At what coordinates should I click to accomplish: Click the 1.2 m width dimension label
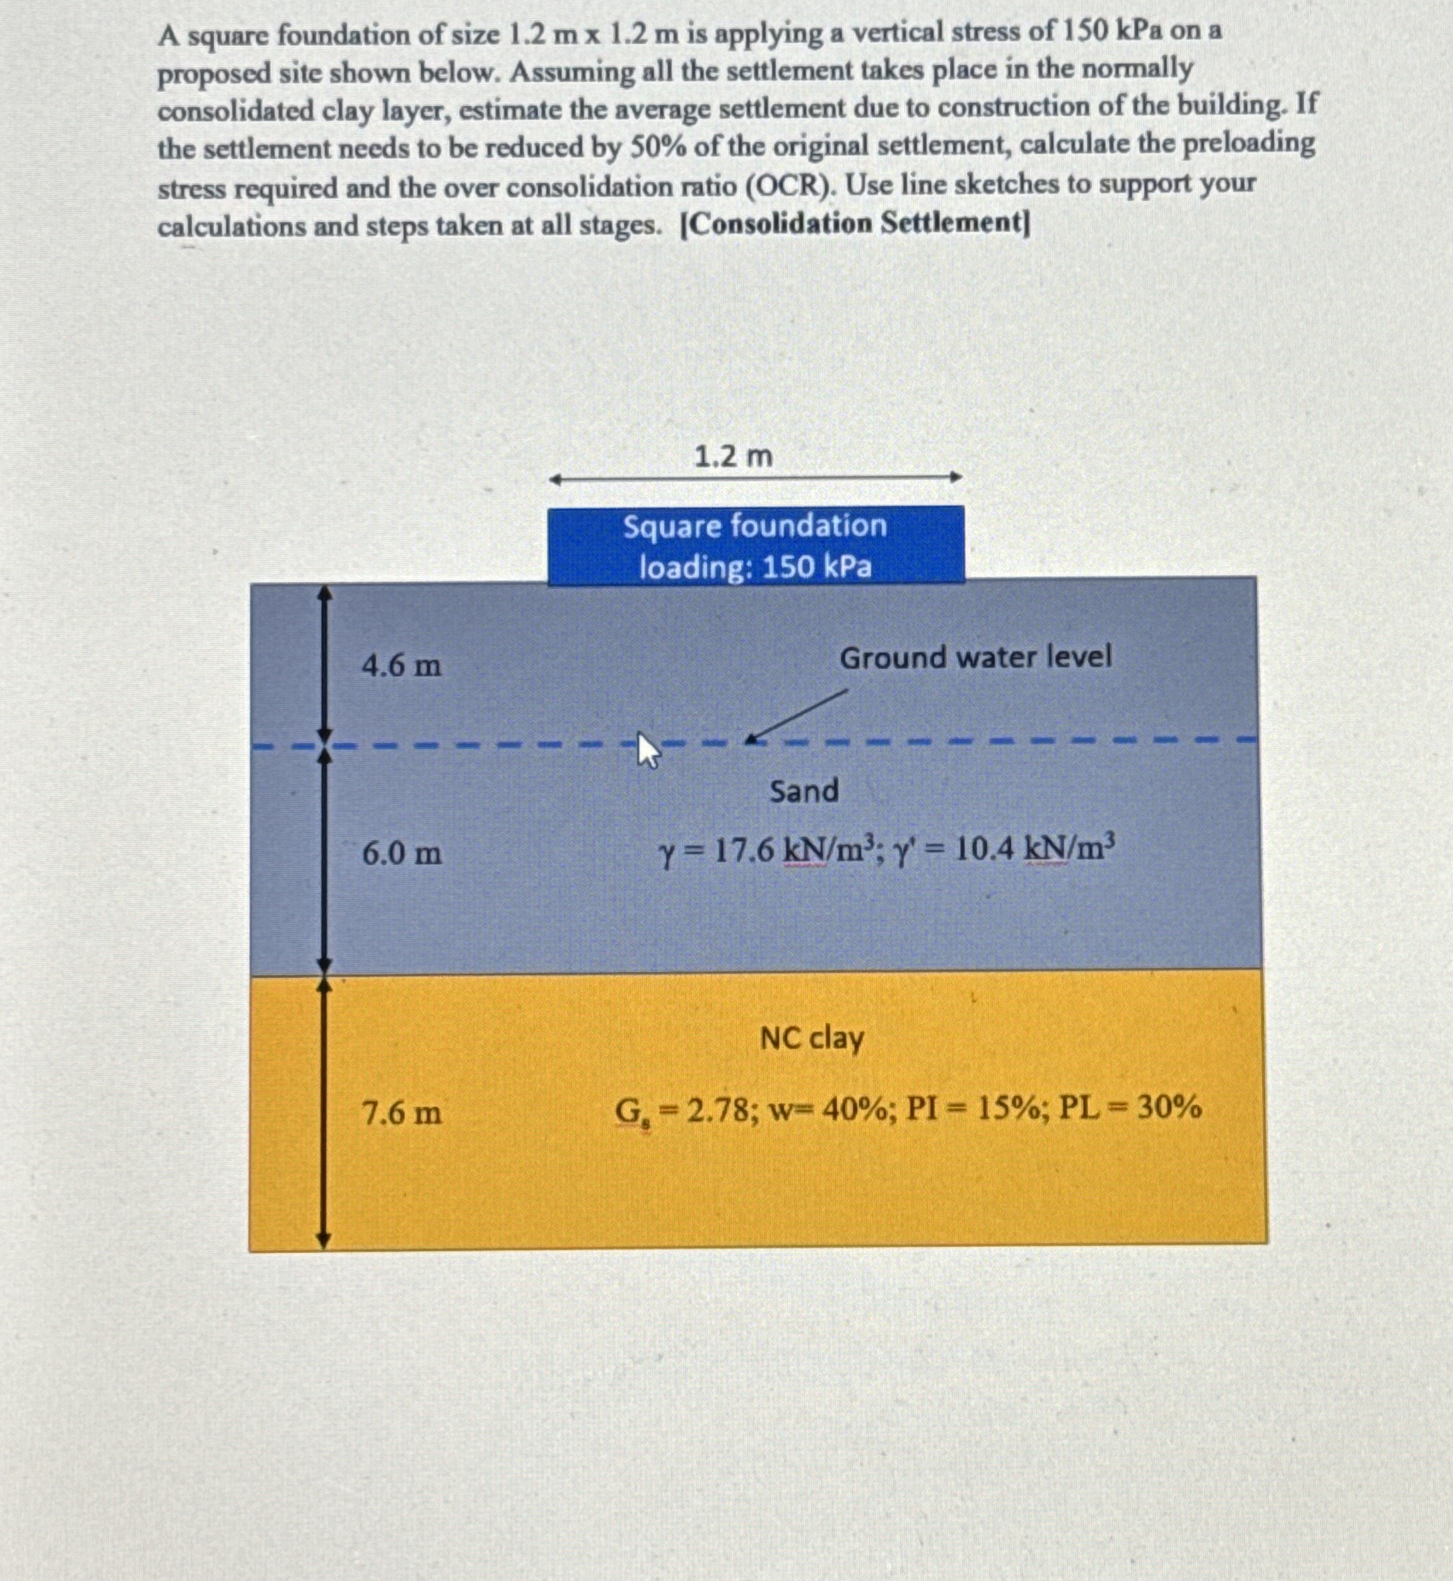coord(733,456)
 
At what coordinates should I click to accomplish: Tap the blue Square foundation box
coord(755,545)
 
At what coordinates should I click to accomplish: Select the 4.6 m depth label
coord(401,666)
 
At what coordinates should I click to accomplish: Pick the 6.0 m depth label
coord(402,852)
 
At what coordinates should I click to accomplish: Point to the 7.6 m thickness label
coord(401,1113)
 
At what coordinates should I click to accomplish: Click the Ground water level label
coord(975,657)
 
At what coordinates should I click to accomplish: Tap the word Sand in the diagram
coord(804,790)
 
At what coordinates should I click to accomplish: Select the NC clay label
coord(812,1039)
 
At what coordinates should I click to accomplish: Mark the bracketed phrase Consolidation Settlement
coord(854,224)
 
